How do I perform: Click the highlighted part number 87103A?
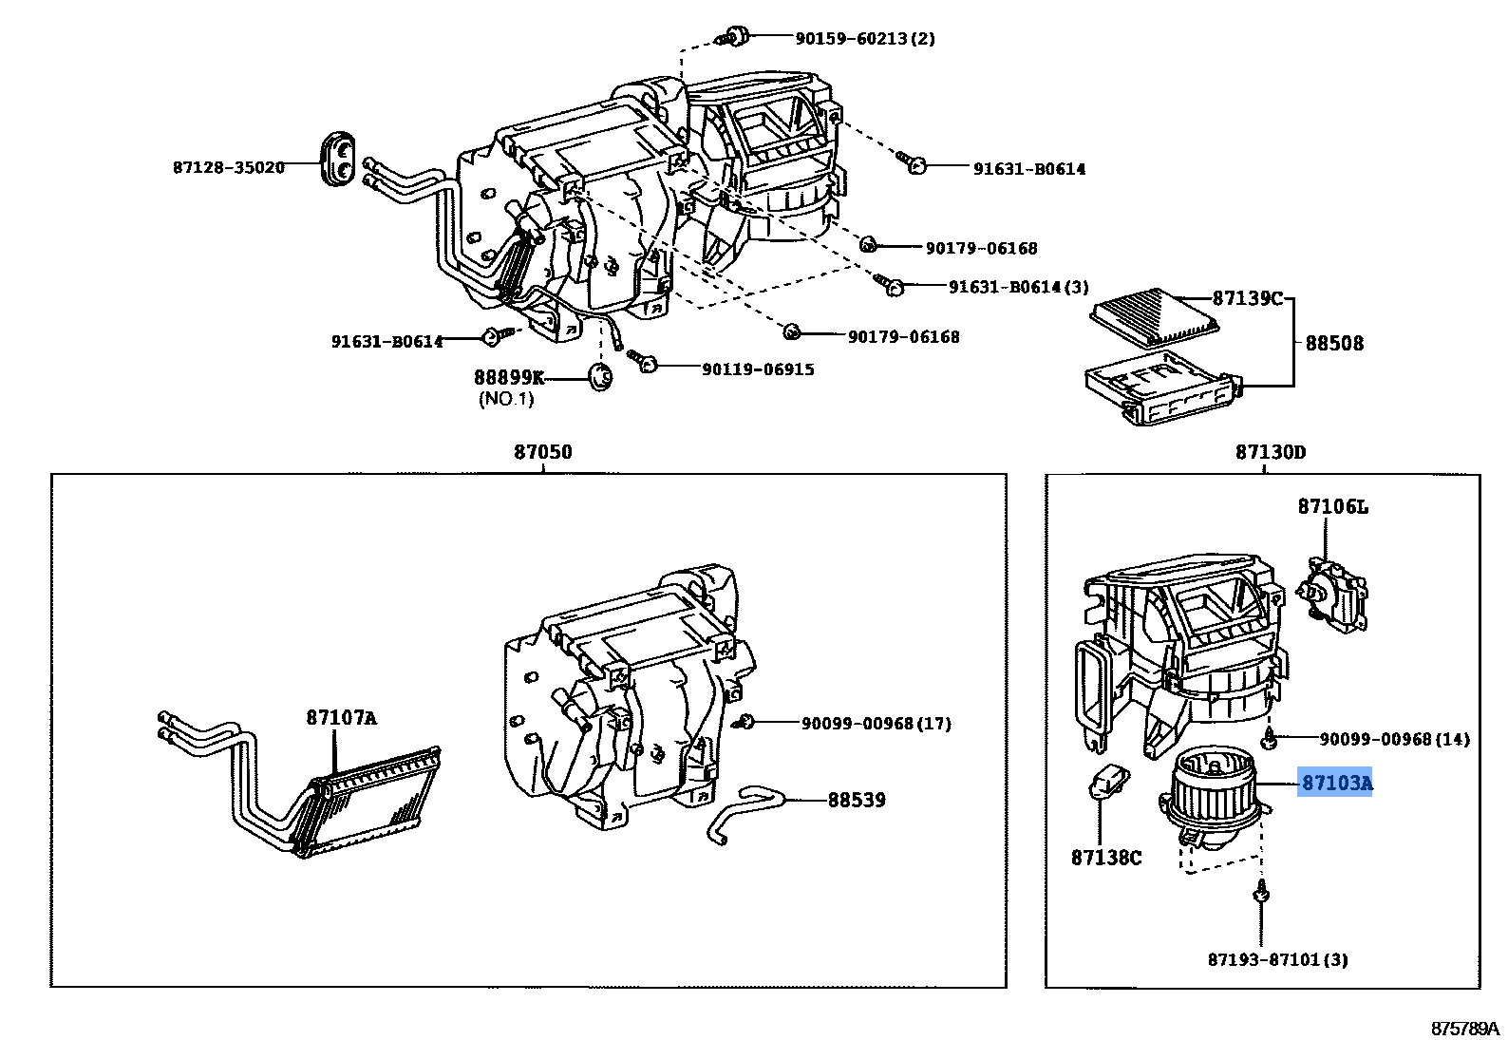[1336, 783]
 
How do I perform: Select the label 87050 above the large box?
[543, 452]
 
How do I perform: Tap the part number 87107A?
[341, 718]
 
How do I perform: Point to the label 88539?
[857, 800]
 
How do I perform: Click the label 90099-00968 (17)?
[876, 724]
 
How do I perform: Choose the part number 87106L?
[1333, 507]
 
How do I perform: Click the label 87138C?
[1105, 858]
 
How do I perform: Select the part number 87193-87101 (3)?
[1277, 959]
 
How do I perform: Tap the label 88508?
[1334, 343]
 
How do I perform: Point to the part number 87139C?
[1247, 298]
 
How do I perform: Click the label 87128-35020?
[229, 167]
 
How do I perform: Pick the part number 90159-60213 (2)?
[864, 38]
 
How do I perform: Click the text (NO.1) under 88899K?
[506, 399]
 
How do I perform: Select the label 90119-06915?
[758, 369]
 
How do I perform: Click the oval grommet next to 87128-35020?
[338, 157]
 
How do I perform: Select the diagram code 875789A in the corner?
[1463, 1028]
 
